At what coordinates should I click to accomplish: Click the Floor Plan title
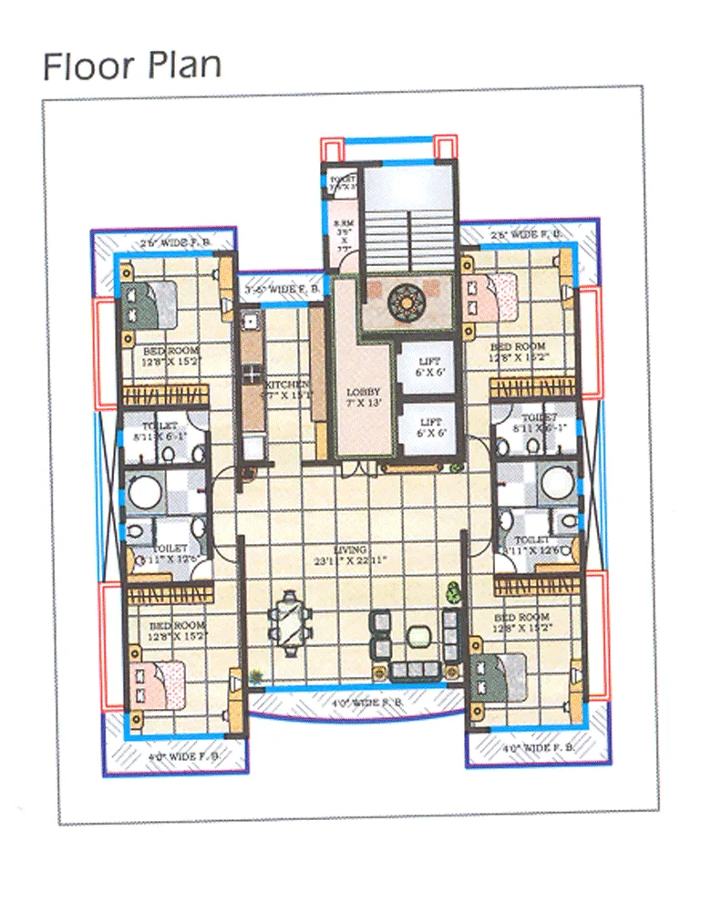point(131,67)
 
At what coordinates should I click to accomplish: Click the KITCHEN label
point(287,390)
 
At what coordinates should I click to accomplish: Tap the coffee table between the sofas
point(418,634)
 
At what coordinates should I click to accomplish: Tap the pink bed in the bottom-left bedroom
point(159,684)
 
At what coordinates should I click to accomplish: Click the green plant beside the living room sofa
point(450,591)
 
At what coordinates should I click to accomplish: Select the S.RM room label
point(343,232)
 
